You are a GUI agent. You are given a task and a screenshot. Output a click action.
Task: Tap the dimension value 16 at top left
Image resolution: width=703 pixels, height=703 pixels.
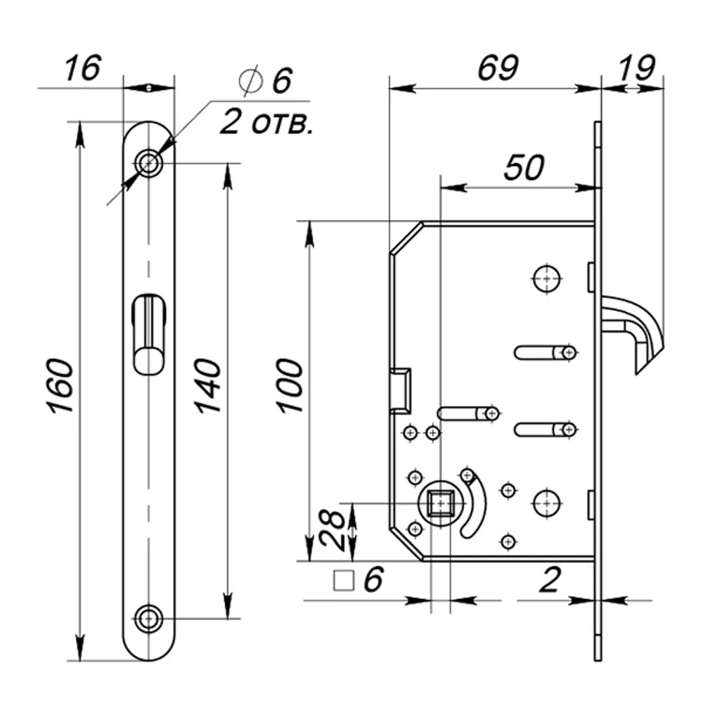(83, 70)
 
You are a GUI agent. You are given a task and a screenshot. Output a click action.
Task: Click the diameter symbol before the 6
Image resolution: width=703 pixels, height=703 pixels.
(250, 82)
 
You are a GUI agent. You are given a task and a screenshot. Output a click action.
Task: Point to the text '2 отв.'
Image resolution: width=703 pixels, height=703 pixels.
(266, 124)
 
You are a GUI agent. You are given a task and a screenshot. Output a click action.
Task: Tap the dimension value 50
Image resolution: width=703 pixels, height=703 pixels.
(524, 169)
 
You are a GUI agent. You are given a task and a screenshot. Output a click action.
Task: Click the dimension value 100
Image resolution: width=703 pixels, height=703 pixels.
(289, 386)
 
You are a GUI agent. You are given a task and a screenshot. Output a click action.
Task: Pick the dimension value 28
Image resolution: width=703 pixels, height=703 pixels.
(334, 529)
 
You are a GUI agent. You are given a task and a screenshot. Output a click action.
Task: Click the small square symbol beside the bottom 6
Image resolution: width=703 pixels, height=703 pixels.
(343, 581)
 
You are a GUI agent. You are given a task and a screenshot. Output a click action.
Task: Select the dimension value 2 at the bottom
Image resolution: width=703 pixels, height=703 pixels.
(550, 580)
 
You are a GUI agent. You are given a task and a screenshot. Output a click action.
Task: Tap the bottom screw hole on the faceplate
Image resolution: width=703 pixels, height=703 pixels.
(148, 619)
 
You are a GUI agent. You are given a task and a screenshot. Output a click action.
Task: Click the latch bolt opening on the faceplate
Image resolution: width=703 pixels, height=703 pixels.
(148, 334)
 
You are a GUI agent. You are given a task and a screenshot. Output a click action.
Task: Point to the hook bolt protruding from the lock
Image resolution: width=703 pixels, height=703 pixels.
(636, 330)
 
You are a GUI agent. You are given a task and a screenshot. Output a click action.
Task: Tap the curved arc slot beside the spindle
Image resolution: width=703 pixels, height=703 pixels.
(476, 508)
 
